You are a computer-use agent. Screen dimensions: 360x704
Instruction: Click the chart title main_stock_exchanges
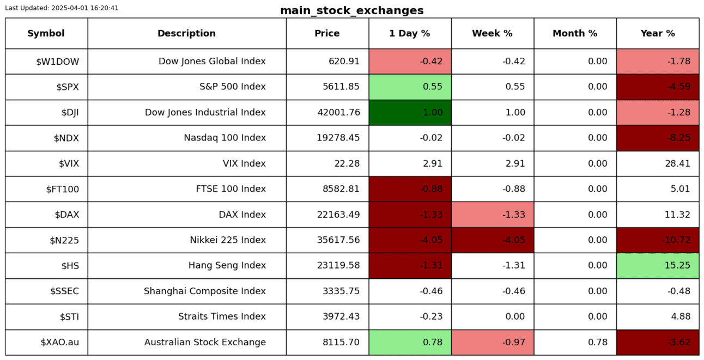(351, 11)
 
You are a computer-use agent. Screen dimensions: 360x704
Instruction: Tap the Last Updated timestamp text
(62, 8)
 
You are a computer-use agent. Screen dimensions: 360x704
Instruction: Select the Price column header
(327, 33)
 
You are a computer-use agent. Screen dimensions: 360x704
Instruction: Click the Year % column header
(657, 33)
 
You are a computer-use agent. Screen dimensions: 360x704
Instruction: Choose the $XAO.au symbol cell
(59, 342)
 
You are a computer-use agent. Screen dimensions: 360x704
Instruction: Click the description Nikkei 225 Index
(228, 240)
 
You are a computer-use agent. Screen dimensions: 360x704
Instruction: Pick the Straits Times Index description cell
(222, 316)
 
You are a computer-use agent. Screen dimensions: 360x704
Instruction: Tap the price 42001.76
(338, 112)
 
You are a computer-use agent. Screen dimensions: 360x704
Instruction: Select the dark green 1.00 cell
(410, 112)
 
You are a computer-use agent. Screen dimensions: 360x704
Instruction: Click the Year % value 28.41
(678, 163)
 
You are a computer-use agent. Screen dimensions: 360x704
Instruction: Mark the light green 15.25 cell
(657, 265)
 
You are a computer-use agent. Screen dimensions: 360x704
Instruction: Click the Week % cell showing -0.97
(493, 342)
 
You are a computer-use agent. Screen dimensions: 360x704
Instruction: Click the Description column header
(186, 33)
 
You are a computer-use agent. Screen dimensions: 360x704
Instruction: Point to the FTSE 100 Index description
(230, 189)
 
